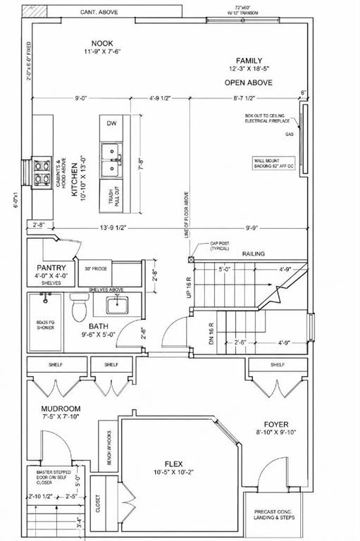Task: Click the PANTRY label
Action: coord(51,268)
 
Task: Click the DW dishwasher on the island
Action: coord(111,123)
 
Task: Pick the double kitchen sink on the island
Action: coord(111,161)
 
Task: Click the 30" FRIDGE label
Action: coord(95,268)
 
